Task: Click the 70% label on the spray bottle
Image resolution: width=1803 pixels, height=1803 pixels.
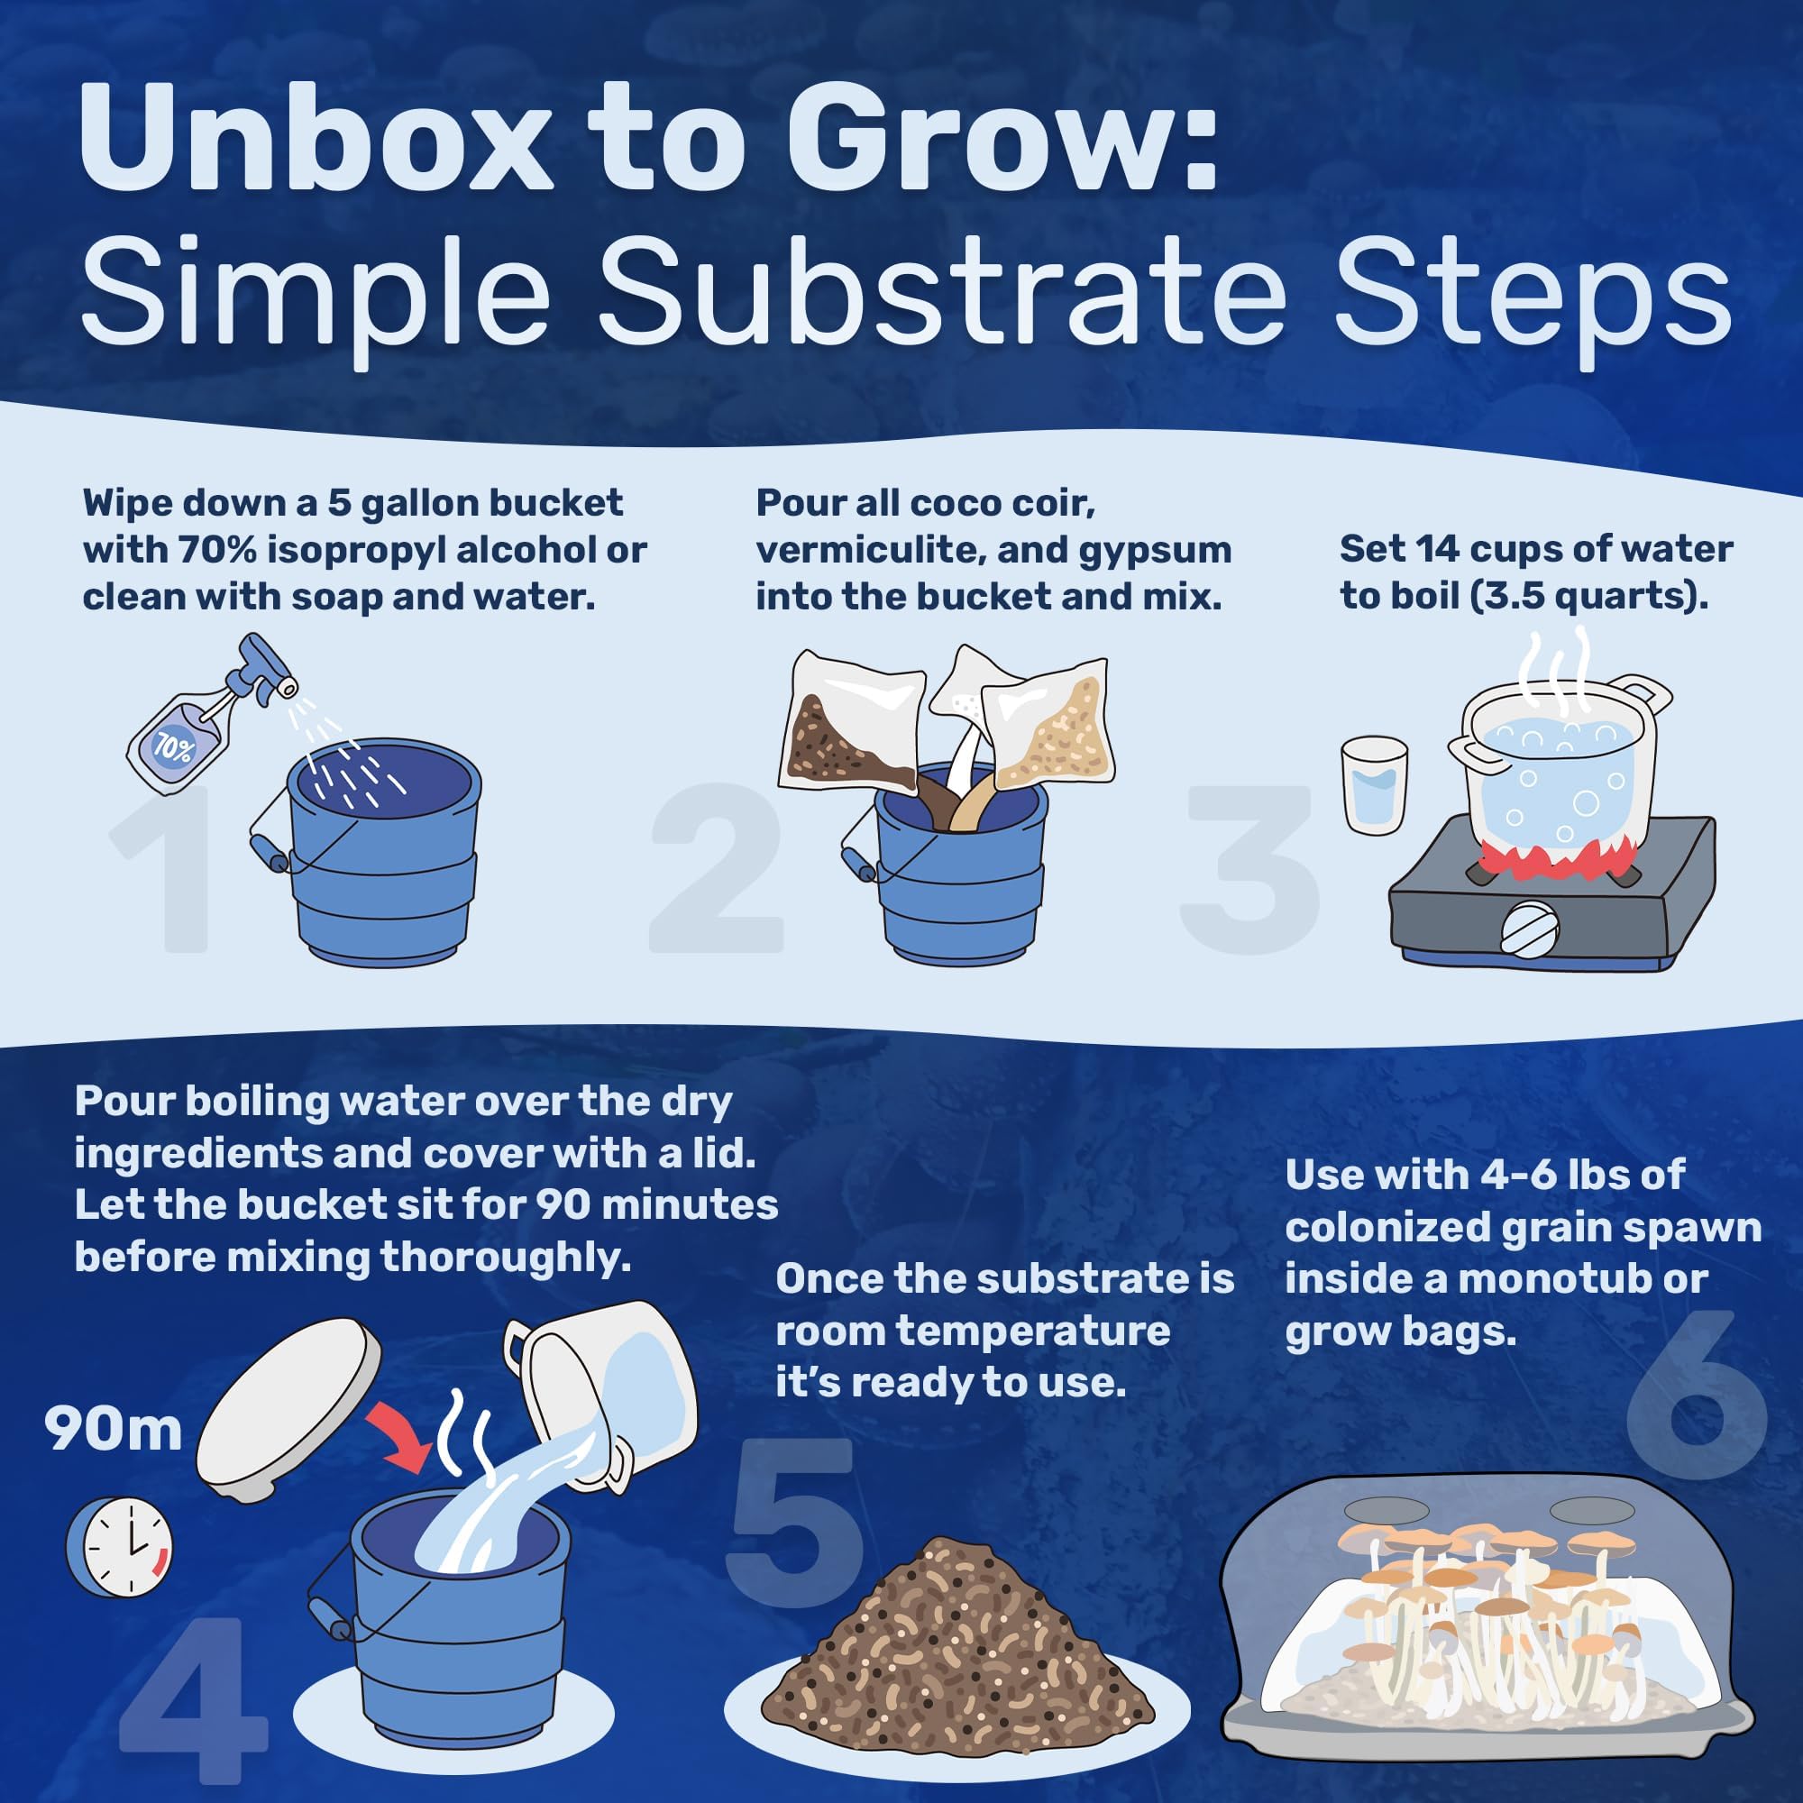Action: tap(174, 746)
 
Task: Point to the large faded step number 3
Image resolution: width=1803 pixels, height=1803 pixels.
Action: tap(1250, 868)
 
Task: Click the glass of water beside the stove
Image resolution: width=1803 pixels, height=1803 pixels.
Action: tap(1374, 786)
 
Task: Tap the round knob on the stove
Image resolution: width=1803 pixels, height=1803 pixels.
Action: tap(1530, 929)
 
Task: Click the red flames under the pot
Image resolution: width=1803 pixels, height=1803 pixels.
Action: tap(1554, 856)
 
